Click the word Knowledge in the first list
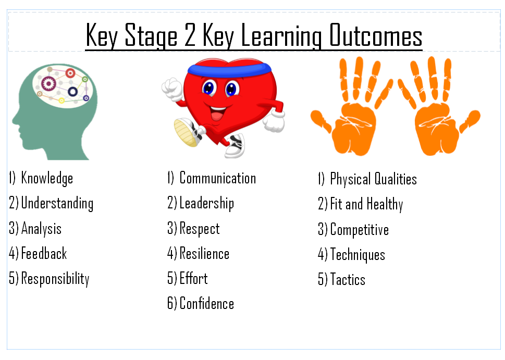coord(47,178)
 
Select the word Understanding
coord(57,204)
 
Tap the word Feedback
coord(44,253)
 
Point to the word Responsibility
coord(55,279)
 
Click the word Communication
coord(218,178)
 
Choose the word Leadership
coord(207,204)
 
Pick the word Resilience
coord(204,253)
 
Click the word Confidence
coord(207,303)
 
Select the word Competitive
coord(360,230)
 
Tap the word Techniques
coord(358,255)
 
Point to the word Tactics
coord(348,279)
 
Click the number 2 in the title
coord(190,35)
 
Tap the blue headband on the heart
coord(229,70)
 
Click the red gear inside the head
coord(70,73)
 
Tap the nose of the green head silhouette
coord(15,120)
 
